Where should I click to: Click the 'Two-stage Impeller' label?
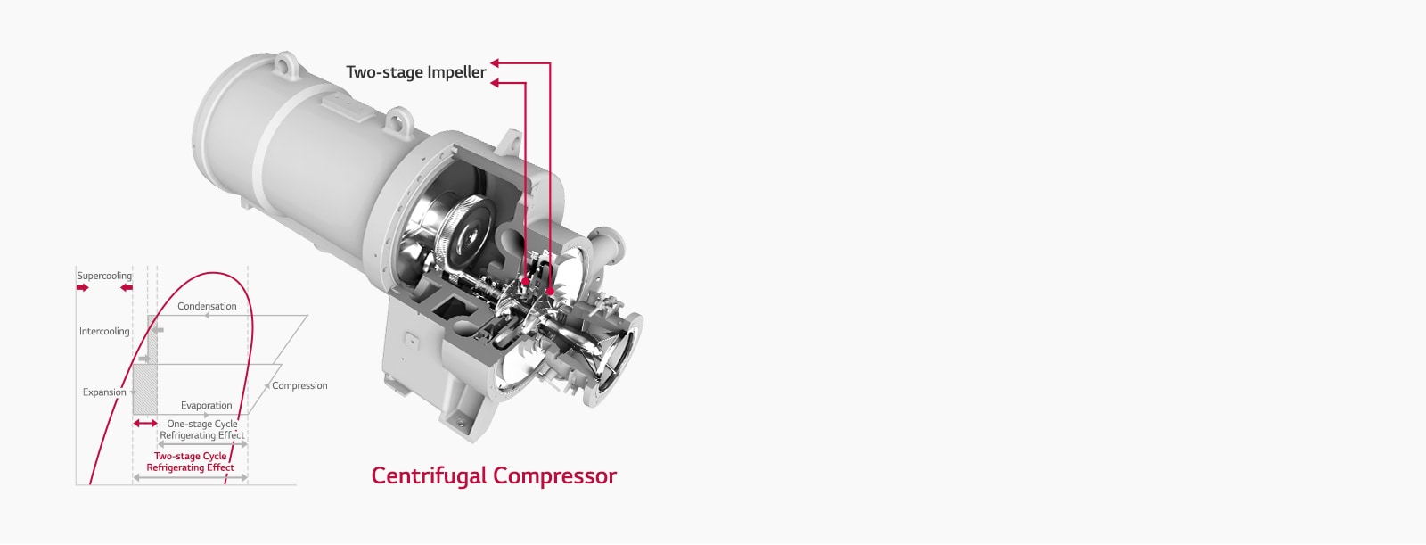(x=415, y=72)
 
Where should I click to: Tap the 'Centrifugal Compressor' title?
(x=494, y=475)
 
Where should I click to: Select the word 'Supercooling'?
(x=104, y=276)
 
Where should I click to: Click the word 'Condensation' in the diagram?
(x=207, y=306)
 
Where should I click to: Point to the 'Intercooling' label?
(x=104, y=331)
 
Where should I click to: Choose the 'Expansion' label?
(x=104, y=392)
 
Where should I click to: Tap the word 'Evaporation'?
(x=206, y=405)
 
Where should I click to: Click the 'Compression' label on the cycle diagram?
(x=299, y=385)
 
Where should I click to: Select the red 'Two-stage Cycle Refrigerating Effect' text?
(x=190, y=461)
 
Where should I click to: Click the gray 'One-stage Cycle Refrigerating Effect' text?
(x=202, y=430)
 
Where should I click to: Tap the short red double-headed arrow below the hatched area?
(x=145, y=423)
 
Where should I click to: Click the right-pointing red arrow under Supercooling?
(x=83, y=288)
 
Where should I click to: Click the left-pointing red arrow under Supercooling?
(x=127, y=288)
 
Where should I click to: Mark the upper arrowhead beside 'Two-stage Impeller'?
(x=496, y=62)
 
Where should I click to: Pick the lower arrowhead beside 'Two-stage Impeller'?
(x=496, y=83)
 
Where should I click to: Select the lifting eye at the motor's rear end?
(x=283, y=63)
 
